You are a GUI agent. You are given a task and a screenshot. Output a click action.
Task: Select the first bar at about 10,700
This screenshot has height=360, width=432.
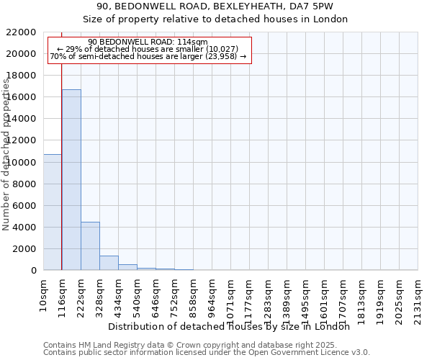pos(52,212)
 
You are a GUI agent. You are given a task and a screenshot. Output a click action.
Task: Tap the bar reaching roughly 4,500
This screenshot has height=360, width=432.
pos(90,246)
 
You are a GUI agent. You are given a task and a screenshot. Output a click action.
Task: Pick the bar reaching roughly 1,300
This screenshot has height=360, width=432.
pos(109,263)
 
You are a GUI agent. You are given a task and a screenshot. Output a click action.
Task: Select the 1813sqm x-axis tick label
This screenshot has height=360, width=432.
pos(361,297)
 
